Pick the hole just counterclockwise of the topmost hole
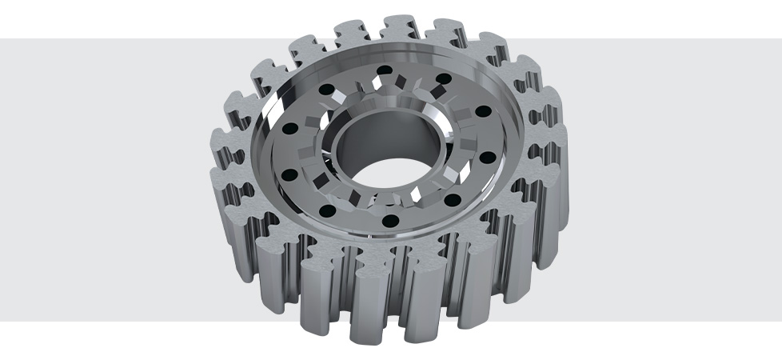click(x=333, y=82)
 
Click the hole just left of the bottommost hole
click(x=329, y=210)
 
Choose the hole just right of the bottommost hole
click(x=451, y=200)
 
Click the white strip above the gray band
click(x=120, y=18)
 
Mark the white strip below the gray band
click(x=120, y=340)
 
